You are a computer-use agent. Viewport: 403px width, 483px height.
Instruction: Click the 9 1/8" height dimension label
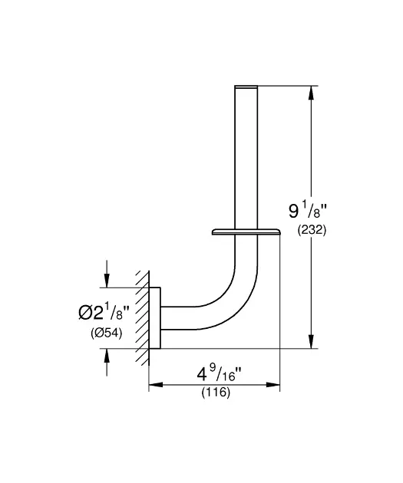tap(307, 211)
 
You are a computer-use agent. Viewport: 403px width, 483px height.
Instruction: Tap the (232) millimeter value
tap(312, 230)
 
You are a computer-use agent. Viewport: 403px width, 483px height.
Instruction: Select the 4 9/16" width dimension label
tap(219, 373)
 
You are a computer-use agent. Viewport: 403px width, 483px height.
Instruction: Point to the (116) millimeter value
tap(216, 393)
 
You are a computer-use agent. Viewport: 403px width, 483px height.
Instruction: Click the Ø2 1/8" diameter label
tap(103, 312)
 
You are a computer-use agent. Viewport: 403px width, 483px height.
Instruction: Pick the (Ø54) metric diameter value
tap(107, 333)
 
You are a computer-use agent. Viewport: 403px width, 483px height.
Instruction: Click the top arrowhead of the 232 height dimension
tap(311, 92)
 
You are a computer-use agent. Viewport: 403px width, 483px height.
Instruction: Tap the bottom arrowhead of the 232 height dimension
tap(311, 342)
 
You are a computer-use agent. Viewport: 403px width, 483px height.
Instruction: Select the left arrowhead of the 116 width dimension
tap(156, 385)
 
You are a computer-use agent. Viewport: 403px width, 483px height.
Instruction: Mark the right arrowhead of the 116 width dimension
tap(273, 385)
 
